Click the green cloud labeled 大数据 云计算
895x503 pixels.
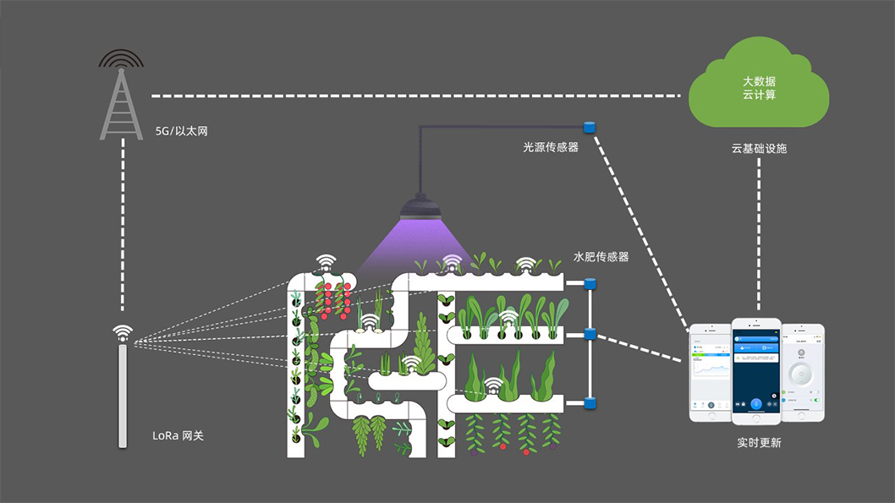coord(758,89)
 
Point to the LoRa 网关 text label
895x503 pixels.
coord(178,436)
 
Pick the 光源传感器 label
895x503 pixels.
coord(551,146)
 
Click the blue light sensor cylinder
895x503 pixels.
coord(590,128)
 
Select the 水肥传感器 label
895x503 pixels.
coord(601,256)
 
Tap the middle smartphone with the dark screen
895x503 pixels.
coord(756,371)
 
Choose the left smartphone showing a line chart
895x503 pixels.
coord(710,373)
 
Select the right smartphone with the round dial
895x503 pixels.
coord(802,373)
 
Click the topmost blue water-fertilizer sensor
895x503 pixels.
coord(590,283)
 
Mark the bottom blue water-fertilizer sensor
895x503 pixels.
coord(590,402)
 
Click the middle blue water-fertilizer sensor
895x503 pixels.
coord(590,335)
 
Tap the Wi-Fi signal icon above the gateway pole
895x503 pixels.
coord(123,331)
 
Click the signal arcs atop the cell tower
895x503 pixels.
coord(121,58)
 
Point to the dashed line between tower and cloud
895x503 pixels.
coord(415,95)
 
